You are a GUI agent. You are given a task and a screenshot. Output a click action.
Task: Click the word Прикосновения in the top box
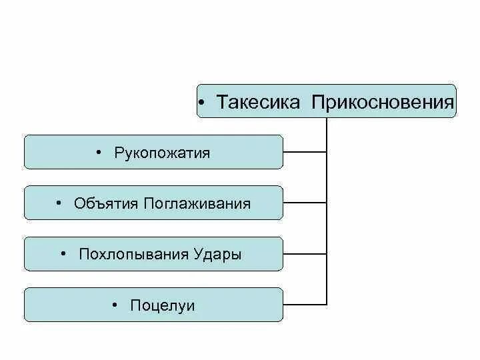[x=383, y=103]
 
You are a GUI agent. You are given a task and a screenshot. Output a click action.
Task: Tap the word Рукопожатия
[x=162, y=153]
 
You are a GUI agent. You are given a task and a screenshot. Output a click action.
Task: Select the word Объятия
[x=106, y=204]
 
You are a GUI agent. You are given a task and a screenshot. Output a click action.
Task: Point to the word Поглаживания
[x=197, y=204]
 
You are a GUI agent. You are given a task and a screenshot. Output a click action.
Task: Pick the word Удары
[x=217, y=255]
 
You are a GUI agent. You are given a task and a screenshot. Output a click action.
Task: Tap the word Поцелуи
[x=163, y=305]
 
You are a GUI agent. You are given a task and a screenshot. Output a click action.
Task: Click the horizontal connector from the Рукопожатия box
[x=305, y=152]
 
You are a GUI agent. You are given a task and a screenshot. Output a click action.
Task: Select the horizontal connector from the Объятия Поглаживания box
[x=305, y=203]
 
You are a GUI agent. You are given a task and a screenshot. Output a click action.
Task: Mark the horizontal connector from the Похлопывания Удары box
[x=305, y=253]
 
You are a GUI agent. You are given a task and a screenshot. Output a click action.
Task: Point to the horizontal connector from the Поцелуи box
[x=305, y=304]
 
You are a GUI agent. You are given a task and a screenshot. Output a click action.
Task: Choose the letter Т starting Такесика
[x=221, y=103]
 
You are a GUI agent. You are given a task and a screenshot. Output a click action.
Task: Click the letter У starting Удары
[x=198, y=255]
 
